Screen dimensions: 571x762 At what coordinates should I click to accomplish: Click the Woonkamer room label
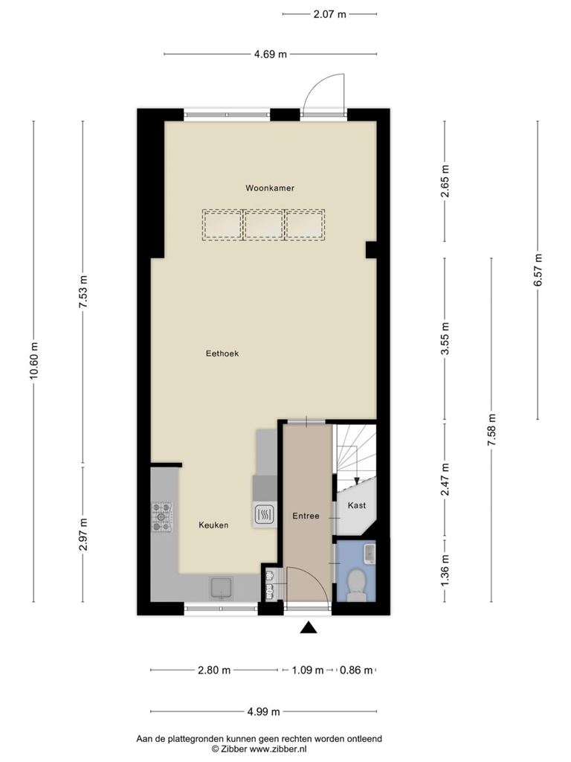tap(269, 188)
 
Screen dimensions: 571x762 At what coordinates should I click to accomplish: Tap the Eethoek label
tap(222, 353)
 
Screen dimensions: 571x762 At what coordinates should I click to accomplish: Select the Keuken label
tap(213, 525)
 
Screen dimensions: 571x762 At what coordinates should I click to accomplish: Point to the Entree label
tap(306, 516)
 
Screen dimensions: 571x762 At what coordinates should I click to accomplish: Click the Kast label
tap(357, 505)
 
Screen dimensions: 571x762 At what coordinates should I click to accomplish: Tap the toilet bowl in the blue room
tap(357, 583)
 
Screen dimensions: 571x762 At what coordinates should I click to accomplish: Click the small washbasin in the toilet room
tap(370, 554)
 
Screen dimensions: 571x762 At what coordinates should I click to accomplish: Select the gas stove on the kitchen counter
tap(162, 516)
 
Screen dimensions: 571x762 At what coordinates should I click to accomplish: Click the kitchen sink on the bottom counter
tap(222, 589)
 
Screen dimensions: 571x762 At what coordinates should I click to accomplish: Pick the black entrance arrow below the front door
tap(309, 628)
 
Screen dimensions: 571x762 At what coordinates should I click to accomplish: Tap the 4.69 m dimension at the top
tap(271, 54)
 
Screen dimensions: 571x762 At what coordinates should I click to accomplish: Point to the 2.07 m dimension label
tap(329, 14)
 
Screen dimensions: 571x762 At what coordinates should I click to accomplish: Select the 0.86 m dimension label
tap(356, 670)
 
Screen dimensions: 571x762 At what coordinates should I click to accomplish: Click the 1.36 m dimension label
tap(445, 570)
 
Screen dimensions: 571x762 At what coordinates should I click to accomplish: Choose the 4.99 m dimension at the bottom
tap(264, 712)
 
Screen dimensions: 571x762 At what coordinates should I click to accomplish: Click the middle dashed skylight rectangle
tap(264, 225)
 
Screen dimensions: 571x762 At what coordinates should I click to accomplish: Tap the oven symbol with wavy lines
tap(265, 515)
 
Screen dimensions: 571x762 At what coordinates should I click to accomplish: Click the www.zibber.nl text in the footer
tap(278, 749)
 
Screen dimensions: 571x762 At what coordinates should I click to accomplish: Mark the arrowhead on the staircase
tap(356, 481)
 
